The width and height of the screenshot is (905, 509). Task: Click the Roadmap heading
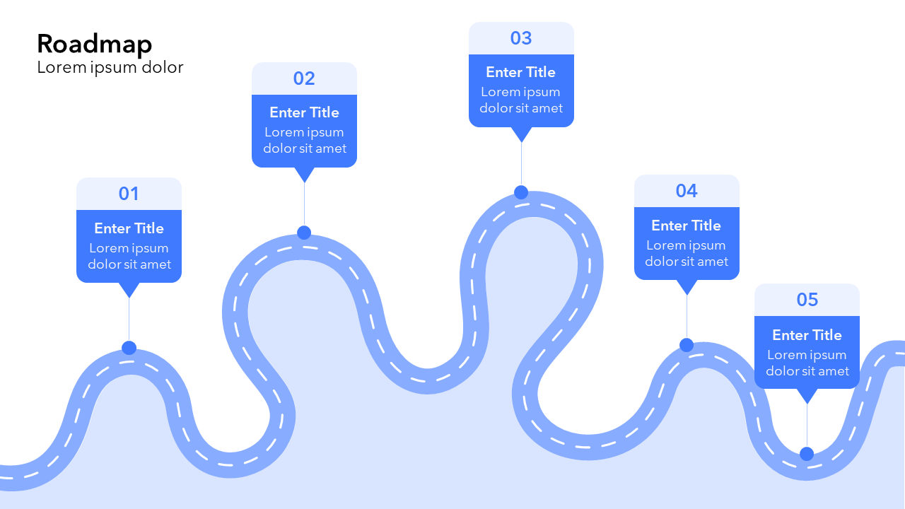(94, 44)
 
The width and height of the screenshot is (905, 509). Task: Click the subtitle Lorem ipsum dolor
(110, 67)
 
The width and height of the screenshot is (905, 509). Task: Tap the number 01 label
(129, 194)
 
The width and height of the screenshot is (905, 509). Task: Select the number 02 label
(304, 78)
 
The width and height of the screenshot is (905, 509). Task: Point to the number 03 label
(521, 38)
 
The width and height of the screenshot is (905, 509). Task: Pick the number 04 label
(687, 191)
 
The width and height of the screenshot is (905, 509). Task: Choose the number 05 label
(807, 300)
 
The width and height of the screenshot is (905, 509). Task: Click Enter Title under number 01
(129, 228)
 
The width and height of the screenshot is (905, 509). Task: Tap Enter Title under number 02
(304, 112)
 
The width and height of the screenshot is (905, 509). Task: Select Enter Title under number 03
(521, 72)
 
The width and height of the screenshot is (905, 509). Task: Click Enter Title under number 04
(687, 226)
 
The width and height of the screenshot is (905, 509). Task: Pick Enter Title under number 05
(807, 335)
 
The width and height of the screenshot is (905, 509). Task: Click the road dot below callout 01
(129, 348)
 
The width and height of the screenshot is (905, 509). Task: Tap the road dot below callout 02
(304, 233)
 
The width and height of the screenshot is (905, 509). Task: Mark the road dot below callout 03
(521, 192)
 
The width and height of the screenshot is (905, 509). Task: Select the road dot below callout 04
(687, 345)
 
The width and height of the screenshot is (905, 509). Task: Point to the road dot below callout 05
(807, 454)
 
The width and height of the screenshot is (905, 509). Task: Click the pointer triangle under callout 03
(521, 134)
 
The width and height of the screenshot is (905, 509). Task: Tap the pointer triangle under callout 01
(129, 289)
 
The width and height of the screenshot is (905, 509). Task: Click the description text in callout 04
(687, 253)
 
